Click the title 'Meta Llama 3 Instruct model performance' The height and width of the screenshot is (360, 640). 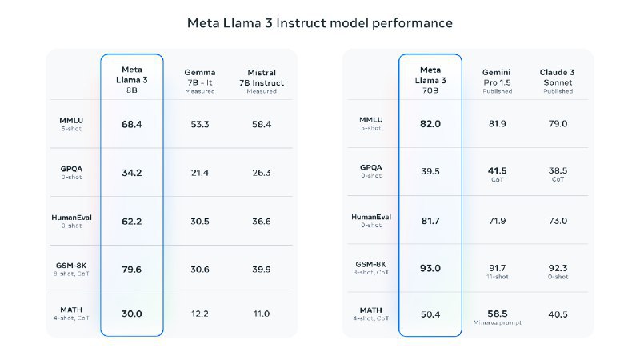coord(320,23)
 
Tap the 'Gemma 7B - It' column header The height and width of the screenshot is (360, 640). coord(200,81)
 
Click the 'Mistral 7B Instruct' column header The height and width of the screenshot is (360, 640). coord(261,81)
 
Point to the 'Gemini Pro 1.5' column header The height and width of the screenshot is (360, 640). coord(497,81)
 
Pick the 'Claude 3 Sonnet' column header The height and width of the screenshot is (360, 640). coord(557,81)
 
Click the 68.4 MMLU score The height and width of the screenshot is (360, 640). coord(132,124)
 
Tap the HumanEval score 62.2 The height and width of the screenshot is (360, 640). coord(132,221)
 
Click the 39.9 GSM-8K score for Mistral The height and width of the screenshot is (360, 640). coord(261,270)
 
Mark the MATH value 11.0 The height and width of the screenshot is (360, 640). coord(261,314)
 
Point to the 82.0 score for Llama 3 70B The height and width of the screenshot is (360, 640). coord(430,124)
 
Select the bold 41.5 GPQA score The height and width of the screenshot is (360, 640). coord(497,170)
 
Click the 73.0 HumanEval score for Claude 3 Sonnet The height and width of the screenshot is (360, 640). coord(557,221)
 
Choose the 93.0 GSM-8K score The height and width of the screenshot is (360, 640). coord(430,268)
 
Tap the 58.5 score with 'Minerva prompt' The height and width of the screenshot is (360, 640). coord(497,314)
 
